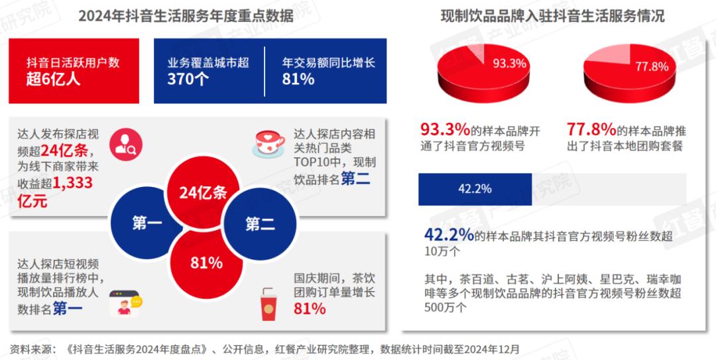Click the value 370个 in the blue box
188,80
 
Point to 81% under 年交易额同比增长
298,80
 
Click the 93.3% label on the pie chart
509,64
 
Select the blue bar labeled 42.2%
475,189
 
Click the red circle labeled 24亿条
203,193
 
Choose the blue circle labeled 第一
147,223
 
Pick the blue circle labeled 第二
260,223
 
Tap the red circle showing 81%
206,263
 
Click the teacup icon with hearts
270,141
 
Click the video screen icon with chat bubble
125,304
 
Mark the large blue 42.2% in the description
449,235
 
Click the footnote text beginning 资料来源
265,348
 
